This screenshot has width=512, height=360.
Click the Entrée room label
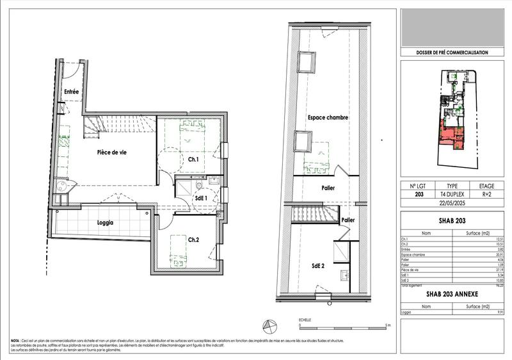(x=71, y=92)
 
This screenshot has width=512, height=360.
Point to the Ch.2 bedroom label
(x=195, y=240)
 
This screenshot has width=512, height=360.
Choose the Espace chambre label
(x=327, y=119)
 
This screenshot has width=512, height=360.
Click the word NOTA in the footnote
(x=15, y=341)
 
